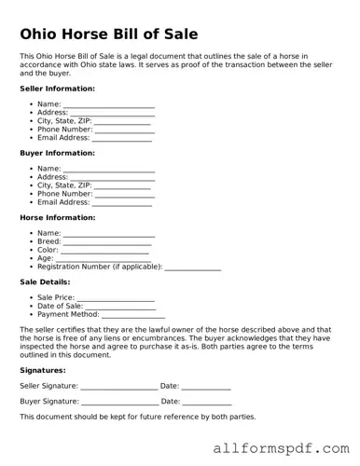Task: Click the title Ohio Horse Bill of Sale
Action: (x=109, y=34)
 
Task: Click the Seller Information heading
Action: (x=58, y=89)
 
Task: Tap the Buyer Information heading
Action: (x=58, y=153)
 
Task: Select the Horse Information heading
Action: (x=58, y=217)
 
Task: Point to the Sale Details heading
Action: (x=45, y=281)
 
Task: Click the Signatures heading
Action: (x=44, y=370)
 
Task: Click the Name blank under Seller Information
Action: (x=108, y=104)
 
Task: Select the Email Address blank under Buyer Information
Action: (x=122, y=203)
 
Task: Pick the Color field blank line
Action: (x=105, y=252)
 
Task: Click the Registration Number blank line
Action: (x=192, y=268)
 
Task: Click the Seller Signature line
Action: (x=118, y=388)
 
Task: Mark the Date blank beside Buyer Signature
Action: (x=206, y=404)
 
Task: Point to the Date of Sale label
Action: (x=60, y=306)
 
